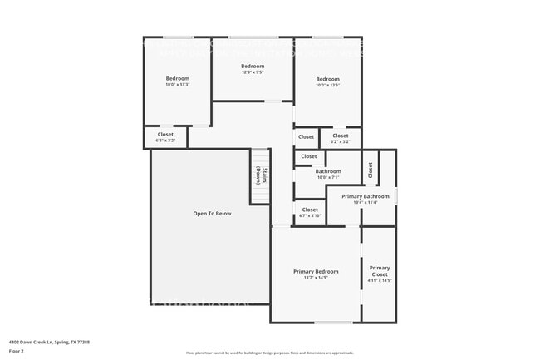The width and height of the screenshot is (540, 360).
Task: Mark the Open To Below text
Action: click(x=212, y=214)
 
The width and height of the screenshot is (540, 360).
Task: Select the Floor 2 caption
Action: click(x=17, y=351)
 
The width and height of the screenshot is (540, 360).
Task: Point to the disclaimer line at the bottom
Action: click(x=269, y=353)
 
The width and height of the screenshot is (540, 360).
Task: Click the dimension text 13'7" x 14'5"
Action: click(x=316, y=278)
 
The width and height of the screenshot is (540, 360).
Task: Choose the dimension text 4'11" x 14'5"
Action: click(x=380, y=281)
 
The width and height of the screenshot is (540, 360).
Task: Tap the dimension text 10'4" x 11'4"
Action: click(x=365, y=202)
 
